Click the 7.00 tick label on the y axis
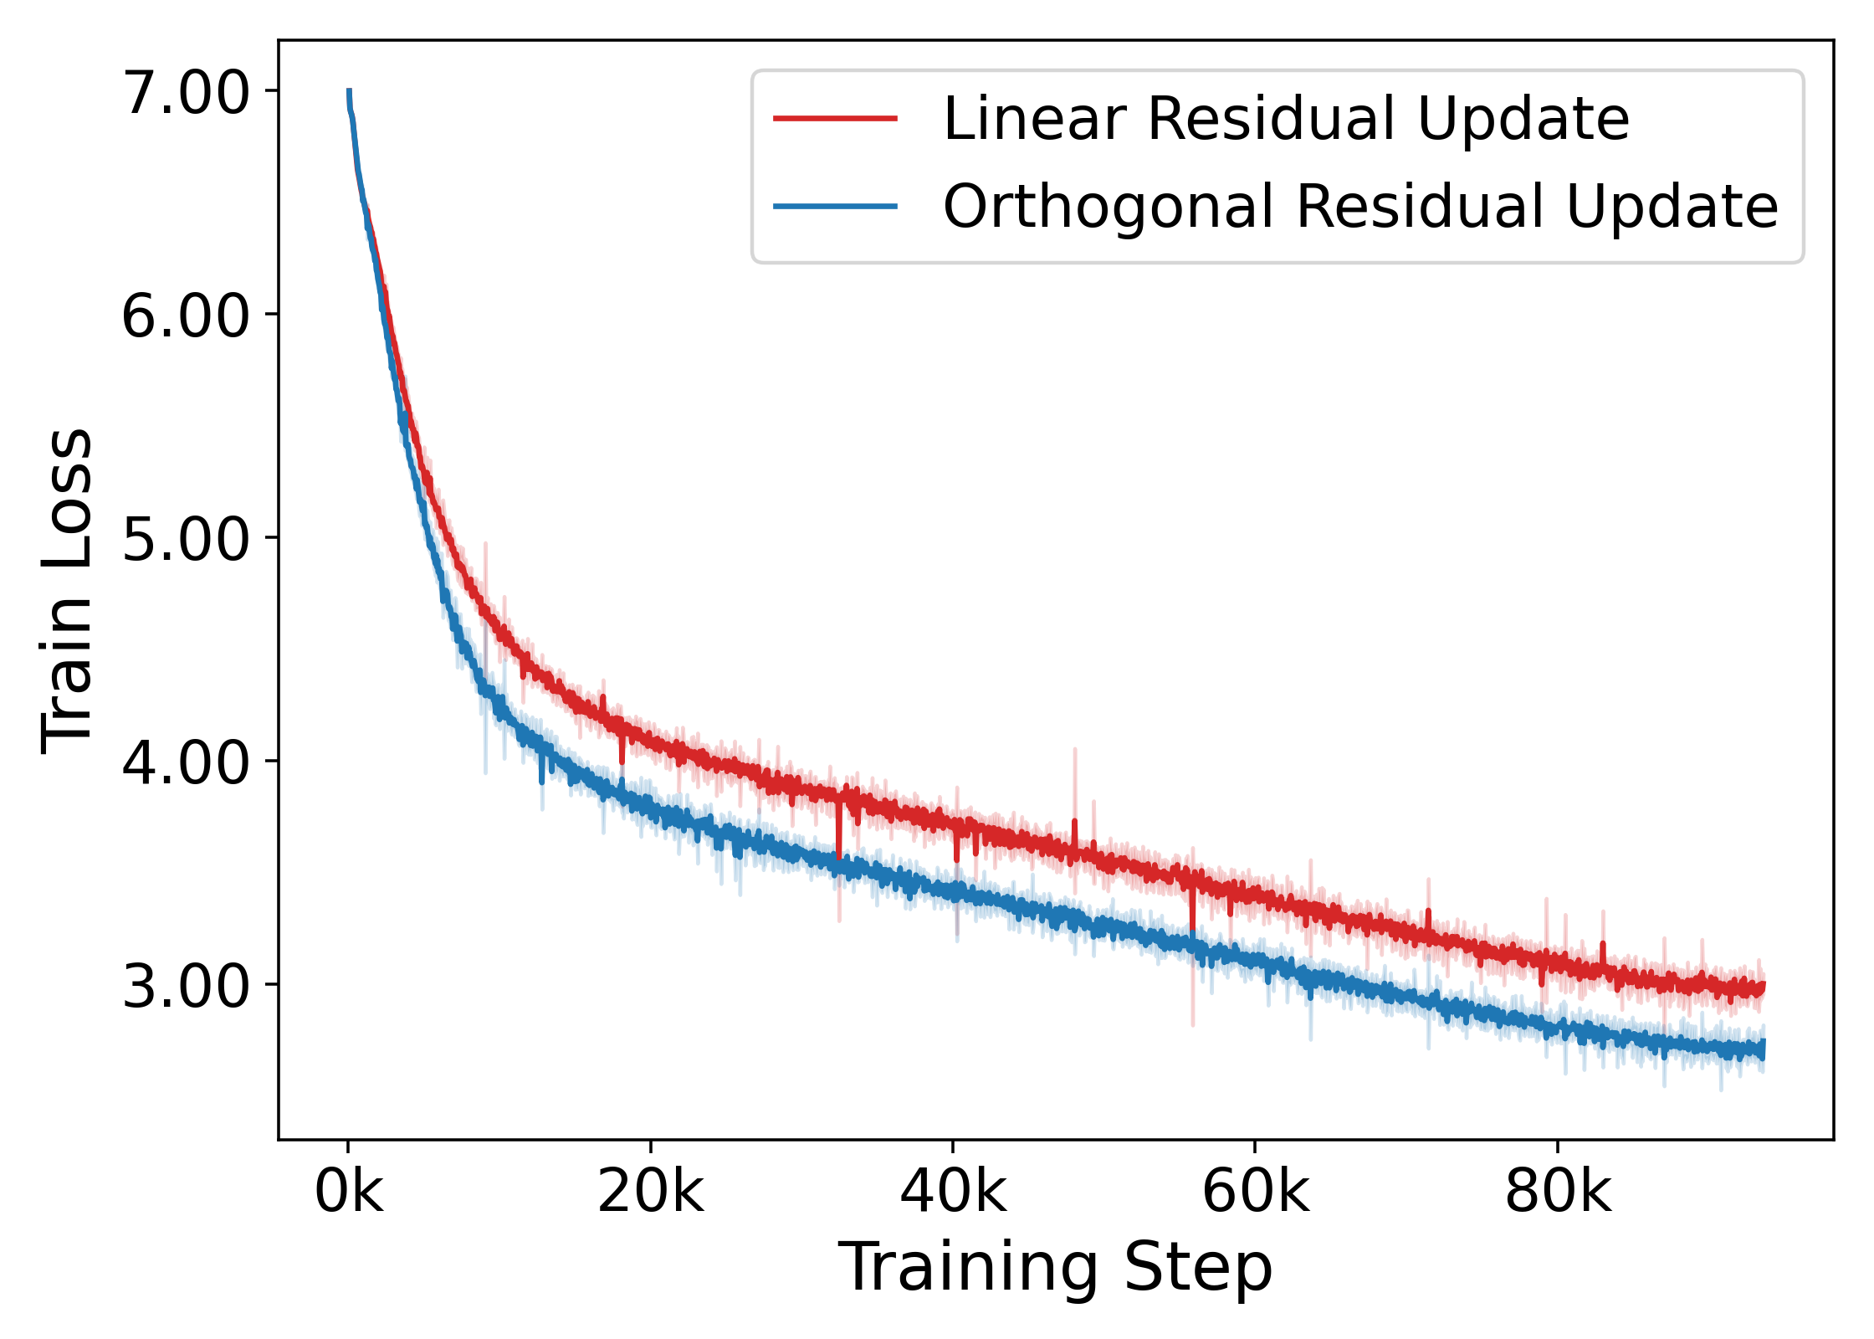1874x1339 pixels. [x=186, y=92]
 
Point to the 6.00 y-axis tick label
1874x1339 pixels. [x=186, y=316]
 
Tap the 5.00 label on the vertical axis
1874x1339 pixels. [x=186, y=539]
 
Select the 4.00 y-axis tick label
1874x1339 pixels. [x=186, y=762]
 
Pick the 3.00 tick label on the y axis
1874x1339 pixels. [x=186, y=986]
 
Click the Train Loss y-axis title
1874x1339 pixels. [x=67, y=590]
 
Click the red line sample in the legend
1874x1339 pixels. [x=835, y=119]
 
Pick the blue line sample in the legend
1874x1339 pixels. [x=835, y=207]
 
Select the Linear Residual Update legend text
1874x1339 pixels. [x=1286, y=119]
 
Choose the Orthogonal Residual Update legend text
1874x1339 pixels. [x=1360, y=207]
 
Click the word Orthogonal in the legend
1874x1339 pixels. [x=1109, y=207]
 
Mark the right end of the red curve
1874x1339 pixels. [x=1763, y=988]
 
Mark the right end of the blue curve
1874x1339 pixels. [x=1763, y=1049]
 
